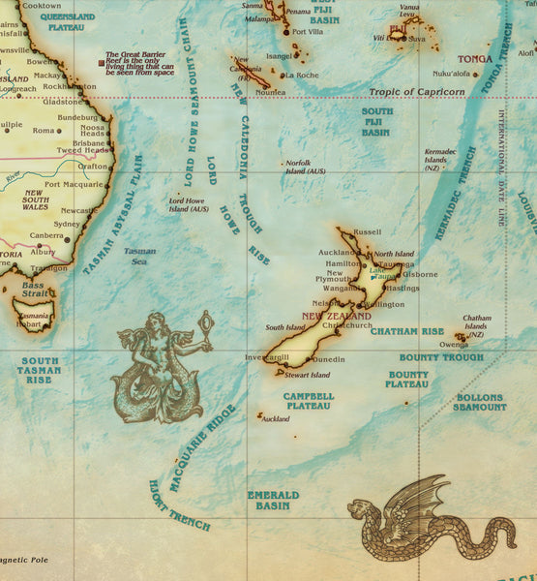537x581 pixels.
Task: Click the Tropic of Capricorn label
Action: tap(416, 92)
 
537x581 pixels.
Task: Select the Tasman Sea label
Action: tap(139, 256)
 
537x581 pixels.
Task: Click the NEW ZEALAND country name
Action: tap(336, 317)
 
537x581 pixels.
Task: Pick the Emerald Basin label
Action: tap(273, 500)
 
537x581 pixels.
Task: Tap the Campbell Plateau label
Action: tap(309, 401)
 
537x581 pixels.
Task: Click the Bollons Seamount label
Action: tap(479, 402)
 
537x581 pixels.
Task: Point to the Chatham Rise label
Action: tap(406, 331)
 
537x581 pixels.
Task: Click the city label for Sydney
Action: tap(67, 224)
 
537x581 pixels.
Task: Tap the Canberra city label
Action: tap(45, 235)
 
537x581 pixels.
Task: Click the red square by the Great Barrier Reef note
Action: tap(101, 64)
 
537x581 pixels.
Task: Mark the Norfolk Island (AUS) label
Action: tap(305, 167)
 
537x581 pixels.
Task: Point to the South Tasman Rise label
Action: tap(39, 370)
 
